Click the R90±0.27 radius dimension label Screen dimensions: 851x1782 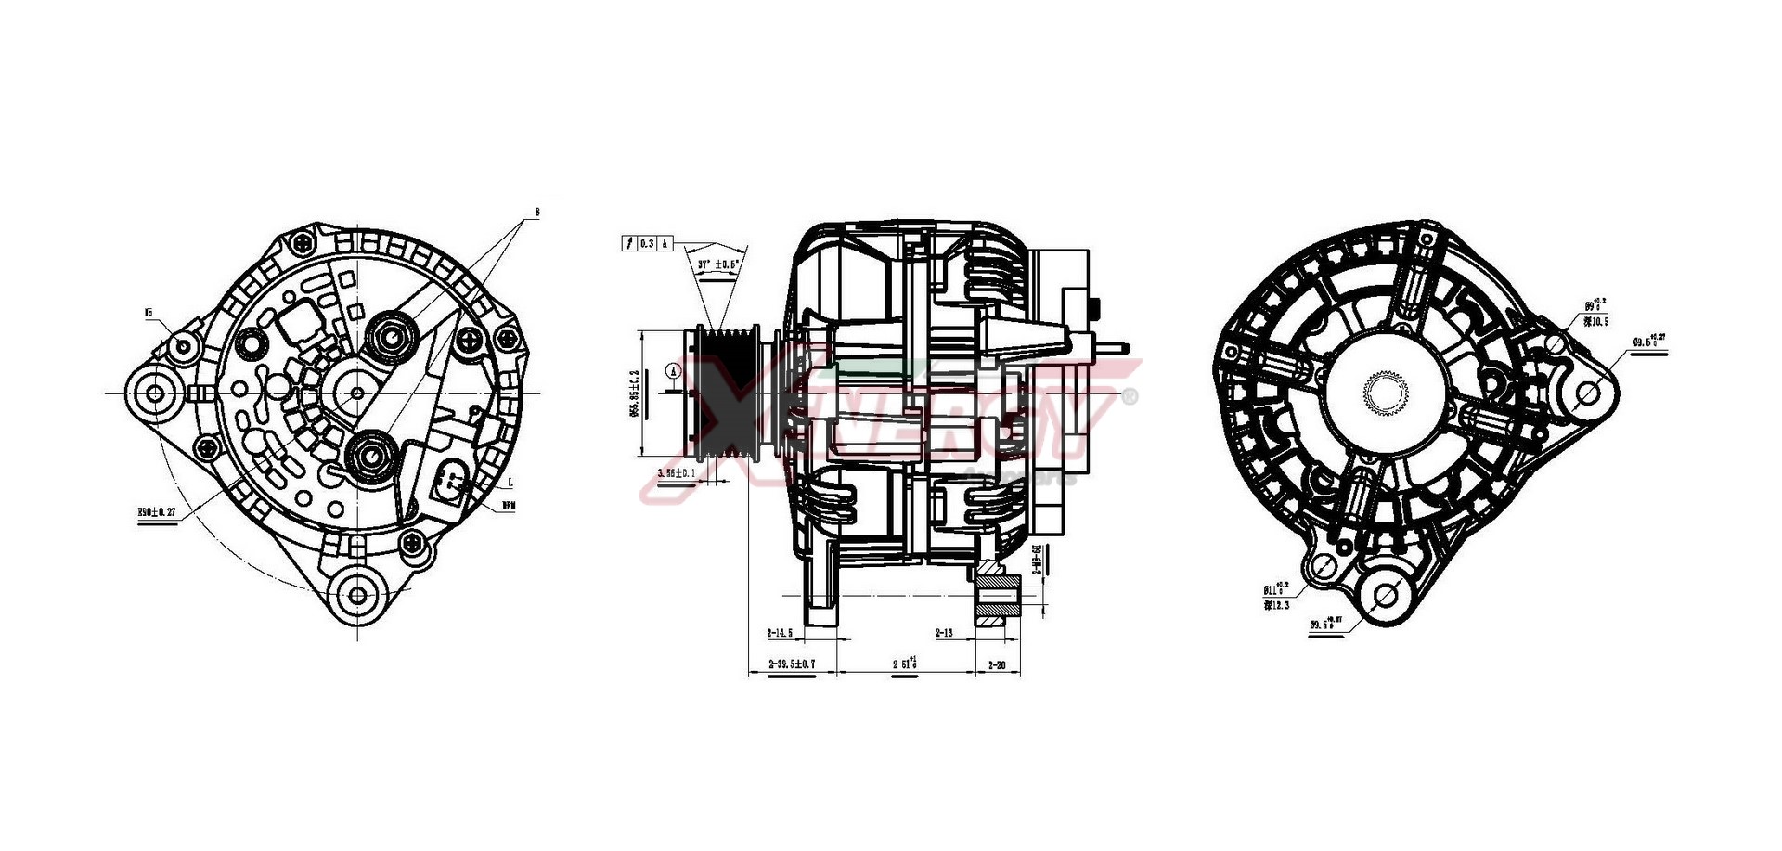coord(157,512)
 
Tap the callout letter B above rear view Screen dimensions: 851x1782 coord(536,213)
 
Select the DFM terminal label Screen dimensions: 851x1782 coord(508,506)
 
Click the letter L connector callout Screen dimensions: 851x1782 coord(510,484)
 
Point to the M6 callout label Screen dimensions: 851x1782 coord(148,314)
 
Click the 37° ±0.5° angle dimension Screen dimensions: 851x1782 coord(718,264)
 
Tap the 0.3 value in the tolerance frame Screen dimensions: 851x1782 coord(648,243)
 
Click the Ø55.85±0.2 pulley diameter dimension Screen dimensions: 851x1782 coord(635,393)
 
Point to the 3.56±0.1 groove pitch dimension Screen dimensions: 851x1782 coord(676,473)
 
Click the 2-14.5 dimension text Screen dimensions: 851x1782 coord(780,633)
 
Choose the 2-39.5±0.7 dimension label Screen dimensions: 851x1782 coord(792,664)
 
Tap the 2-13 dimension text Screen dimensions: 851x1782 coord(944,633)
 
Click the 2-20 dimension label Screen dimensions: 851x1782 coord(997,664)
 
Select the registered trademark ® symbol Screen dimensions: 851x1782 coord(1130,396)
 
